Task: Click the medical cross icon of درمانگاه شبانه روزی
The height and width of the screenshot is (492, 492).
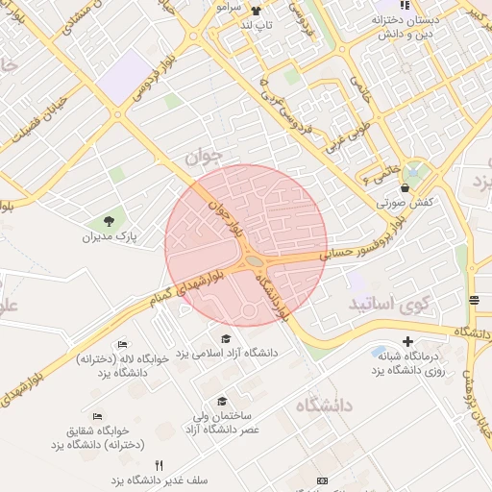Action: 407,341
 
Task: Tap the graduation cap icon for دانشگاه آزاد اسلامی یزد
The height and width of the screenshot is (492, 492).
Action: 226,338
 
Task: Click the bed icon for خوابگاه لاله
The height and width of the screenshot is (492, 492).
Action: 122,343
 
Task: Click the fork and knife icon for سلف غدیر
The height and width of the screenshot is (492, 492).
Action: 159,465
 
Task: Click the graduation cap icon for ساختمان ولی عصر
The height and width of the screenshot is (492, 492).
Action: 222,402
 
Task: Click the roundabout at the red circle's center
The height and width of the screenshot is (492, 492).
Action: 254,260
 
